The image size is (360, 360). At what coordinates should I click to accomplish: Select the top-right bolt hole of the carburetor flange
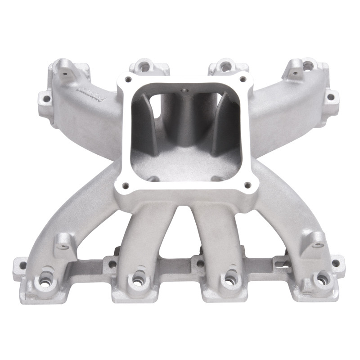coord(243,79)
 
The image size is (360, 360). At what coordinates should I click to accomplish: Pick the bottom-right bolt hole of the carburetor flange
coord(246,184)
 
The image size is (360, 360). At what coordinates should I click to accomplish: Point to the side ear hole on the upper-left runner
coord(45,95)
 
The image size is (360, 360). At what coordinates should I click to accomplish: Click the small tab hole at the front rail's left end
coord(22,264)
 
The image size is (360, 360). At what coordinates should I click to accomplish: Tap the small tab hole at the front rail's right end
coord(335,264)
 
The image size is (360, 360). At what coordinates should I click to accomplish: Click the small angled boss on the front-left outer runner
coord(63,243)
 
